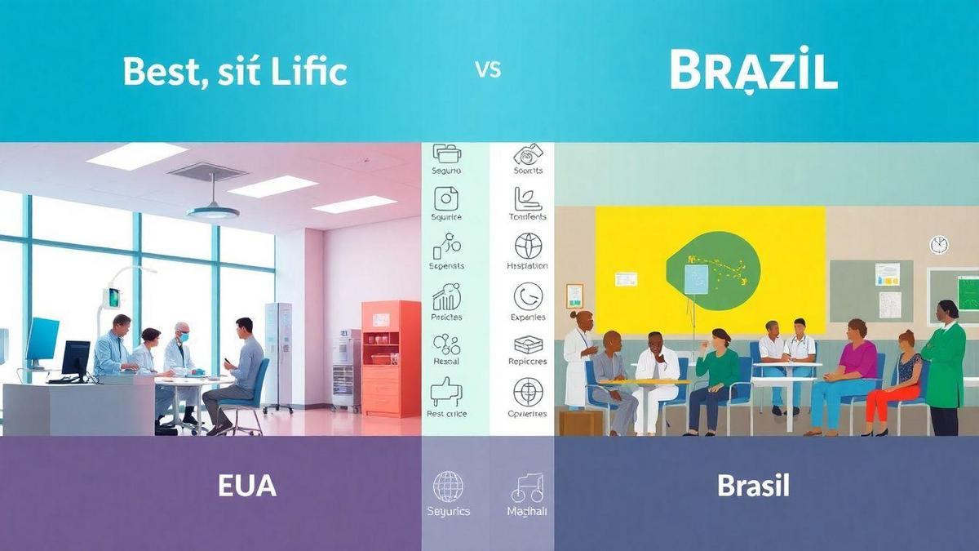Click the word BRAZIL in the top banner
click(x=753, y=71)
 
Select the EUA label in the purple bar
click(x=246, y=486)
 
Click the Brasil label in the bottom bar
click(x=753, y=486)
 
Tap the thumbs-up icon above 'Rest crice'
click(x=445, y=391)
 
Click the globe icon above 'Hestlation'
click(x=529, y=246)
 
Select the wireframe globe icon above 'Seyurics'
click(x=448, y=487)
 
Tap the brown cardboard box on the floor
click(x=580, y=422)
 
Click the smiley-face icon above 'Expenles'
click(x=529, y=295)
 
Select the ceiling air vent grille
click(x=207, y=171)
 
